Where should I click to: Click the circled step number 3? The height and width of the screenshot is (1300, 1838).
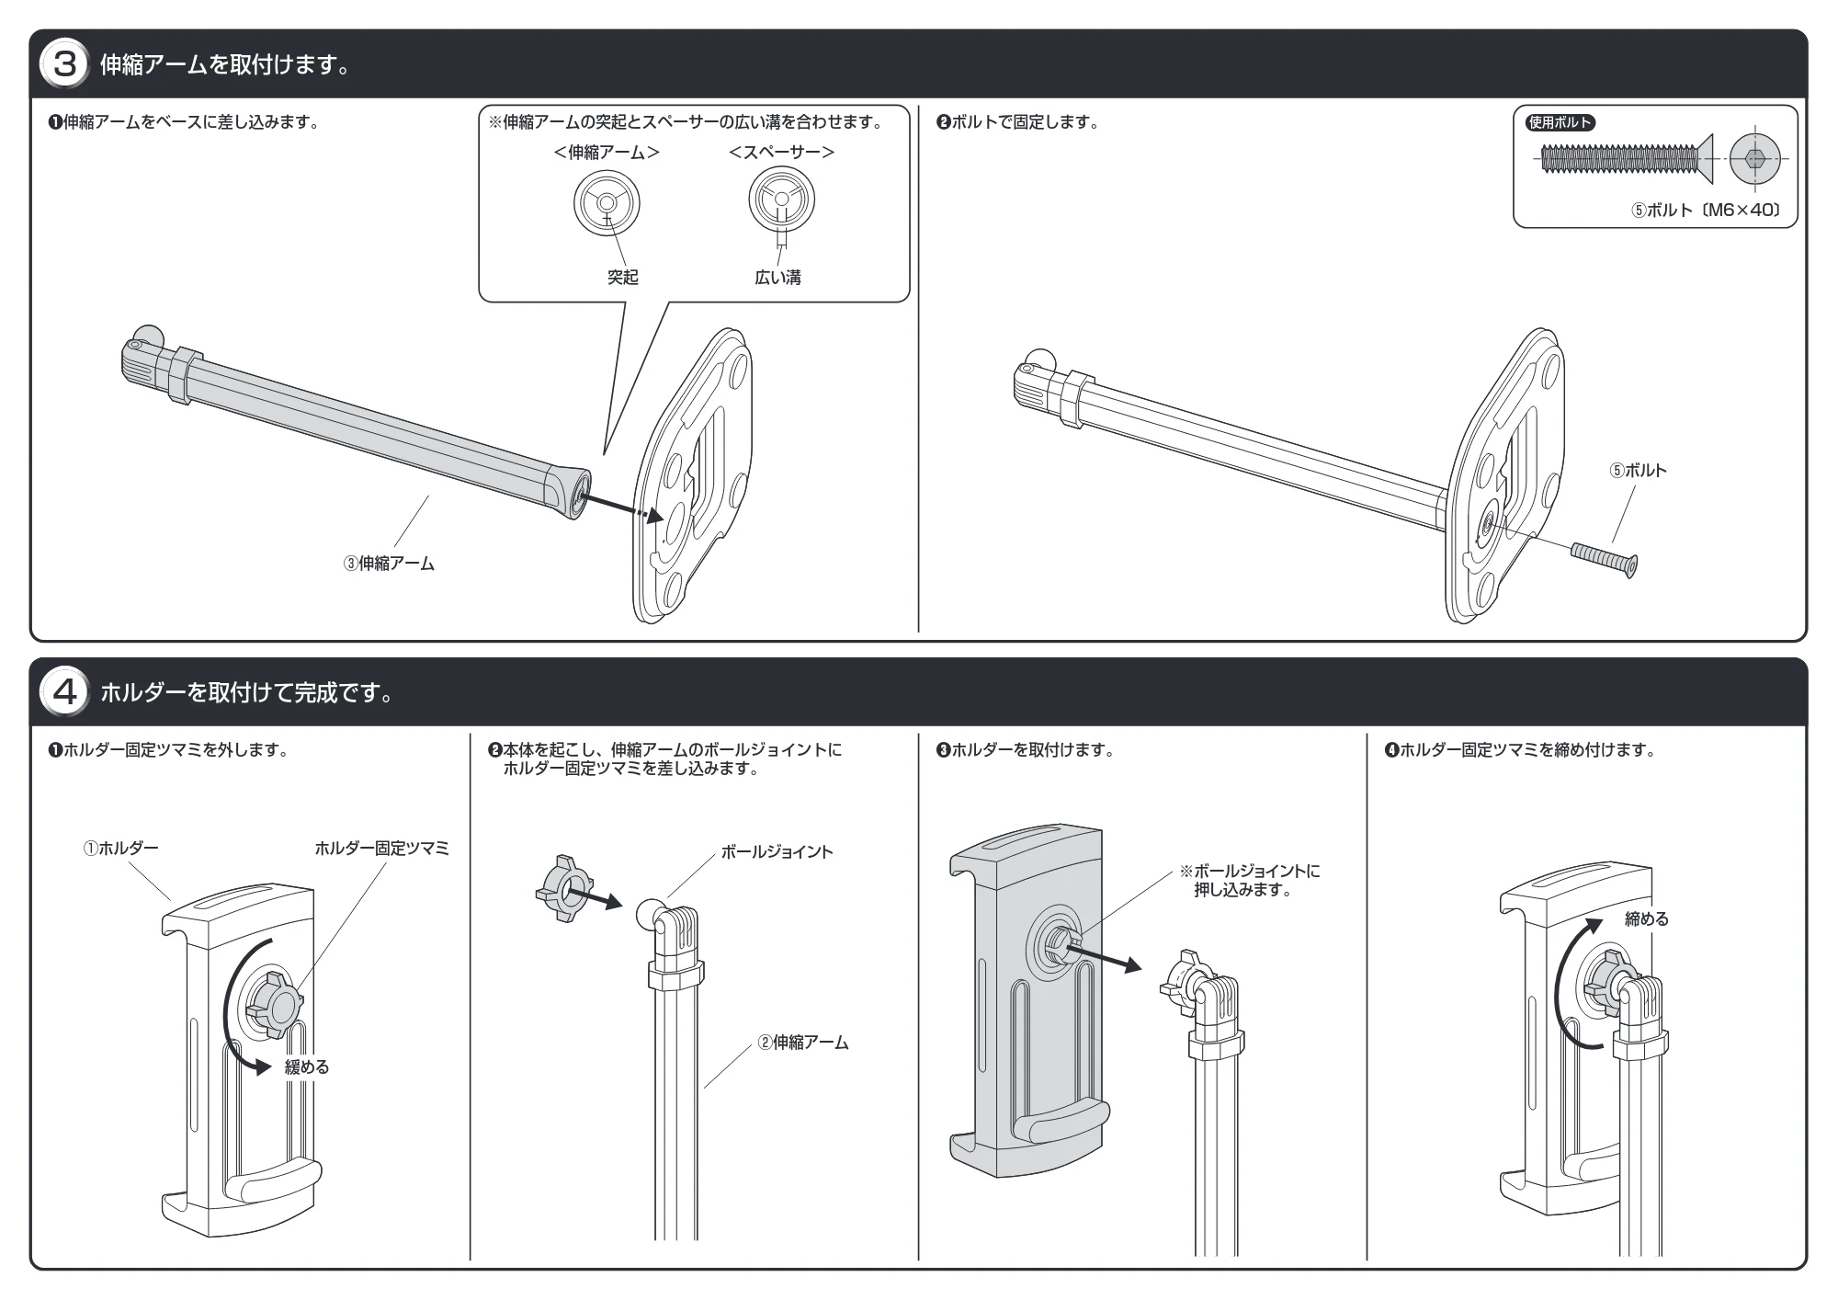(64, 65)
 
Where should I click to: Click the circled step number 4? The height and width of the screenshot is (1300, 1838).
(64, 692)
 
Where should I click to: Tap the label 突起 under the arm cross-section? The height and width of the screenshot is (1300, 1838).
(622, 278)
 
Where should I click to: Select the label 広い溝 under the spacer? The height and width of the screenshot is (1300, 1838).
(777, 278)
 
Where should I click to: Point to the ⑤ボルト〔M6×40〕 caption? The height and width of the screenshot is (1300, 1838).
(1706, 210)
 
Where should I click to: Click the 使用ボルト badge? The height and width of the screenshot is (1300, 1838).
(1560, 123)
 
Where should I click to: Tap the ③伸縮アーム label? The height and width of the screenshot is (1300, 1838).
(389, 564)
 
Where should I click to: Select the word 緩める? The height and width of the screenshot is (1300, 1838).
(306, 1067)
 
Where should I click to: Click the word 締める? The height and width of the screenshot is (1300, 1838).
(1647, 918)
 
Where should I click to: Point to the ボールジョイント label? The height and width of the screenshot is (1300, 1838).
(777, 852)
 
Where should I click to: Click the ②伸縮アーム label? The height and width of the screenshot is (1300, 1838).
(802, 1043)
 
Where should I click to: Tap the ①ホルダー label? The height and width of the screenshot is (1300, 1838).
(120, 848)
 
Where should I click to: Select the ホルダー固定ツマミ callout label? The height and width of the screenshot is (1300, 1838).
(381, 848)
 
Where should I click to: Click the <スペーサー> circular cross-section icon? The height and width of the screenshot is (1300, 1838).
(781, 200)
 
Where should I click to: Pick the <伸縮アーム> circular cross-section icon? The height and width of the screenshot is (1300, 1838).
(607, 203)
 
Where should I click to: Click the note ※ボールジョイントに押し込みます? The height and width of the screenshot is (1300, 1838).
(1250, 880)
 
